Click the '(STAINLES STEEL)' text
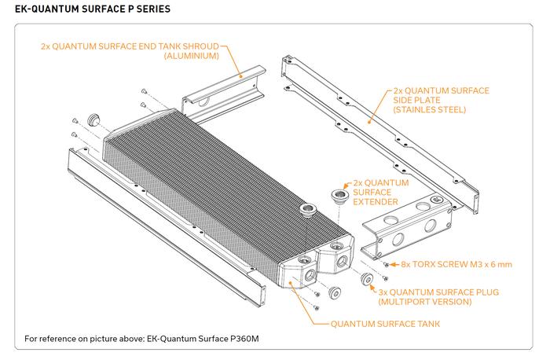point(431,110)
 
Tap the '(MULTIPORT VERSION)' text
point(424,301)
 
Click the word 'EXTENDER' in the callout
point(375,202)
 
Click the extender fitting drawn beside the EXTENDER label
point(339,194)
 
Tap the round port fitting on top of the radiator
point(306,211)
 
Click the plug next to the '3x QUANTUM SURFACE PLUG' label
point(366,280)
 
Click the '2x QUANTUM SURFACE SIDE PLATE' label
point(441,90)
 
